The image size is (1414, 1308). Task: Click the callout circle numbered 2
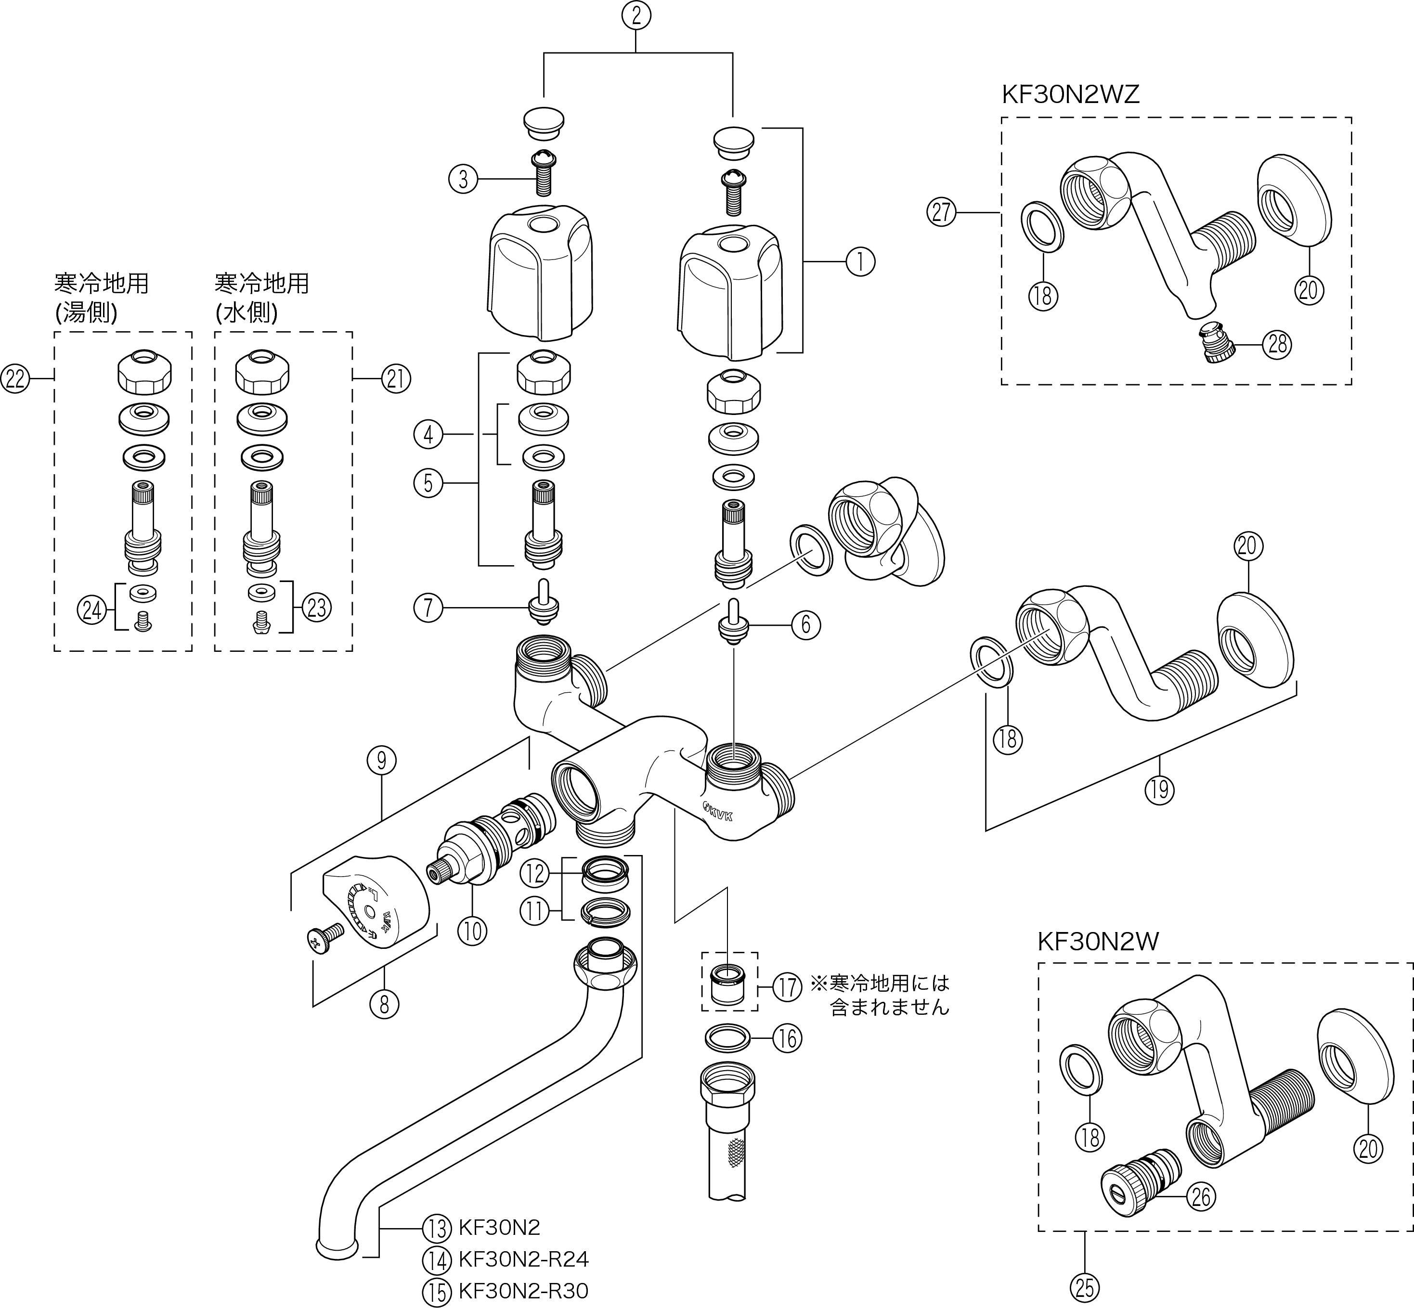[636, 15]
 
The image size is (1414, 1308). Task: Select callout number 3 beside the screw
[464, 179]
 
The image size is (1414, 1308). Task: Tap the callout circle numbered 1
[860, 262]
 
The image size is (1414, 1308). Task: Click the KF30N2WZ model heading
[1070, 95]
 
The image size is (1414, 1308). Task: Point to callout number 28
[1277, 345]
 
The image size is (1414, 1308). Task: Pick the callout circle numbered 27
[942, 212]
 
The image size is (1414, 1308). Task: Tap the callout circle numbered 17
[787, 987]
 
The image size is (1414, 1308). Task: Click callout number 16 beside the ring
[787, 1039]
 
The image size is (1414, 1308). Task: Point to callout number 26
[1201, 1196]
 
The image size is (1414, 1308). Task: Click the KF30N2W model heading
[1098, 942]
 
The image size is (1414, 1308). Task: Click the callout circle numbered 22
[15, 379]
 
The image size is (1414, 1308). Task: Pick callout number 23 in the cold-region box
[316, 607]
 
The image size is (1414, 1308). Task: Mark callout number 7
[428, 607]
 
